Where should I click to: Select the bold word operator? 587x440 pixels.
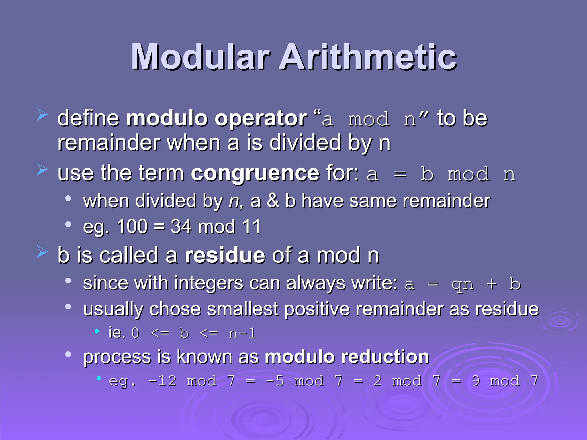pyautogui.click(x=261, y=118)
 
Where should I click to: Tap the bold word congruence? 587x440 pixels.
pyautogui.click(x=255, y=173)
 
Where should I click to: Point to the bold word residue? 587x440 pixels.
pyautogui.click(x=225, y=255)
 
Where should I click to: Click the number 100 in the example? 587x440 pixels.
pyautogui.click(x=132, y=227)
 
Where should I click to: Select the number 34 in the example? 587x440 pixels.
pyautogui.click(x=181, y=227)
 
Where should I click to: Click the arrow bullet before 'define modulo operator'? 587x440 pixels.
pyautogui.click(x=42, y=115)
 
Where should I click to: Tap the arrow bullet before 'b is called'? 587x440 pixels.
pyautogui.click(x=42, y=252)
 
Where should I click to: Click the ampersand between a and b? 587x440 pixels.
pyautogui.click(x=273, y=201)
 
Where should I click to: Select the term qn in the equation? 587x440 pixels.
pyautogui.click(x=462, y=284)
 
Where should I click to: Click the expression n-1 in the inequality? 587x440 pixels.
pyautogui.click(x=242, y=333)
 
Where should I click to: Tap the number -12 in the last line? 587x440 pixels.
pyautogui.click(x=162, y=381)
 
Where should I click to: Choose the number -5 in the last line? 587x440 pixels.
pyautogui.click(x=275, y=381)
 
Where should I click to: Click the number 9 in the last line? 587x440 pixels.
pyautogui.click(x=476, y=381)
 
